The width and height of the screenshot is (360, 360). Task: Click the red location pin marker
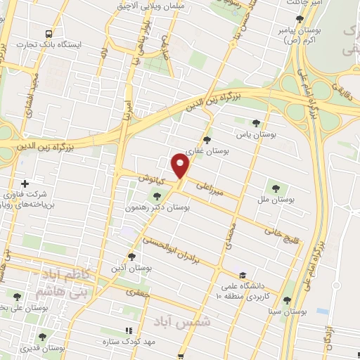click(x=180, y=166)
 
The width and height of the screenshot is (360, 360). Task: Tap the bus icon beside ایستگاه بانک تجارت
click(x=48, y=33)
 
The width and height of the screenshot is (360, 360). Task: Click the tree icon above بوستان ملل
click(x=275, y=188)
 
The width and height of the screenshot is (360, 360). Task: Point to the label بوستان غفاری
click(x=206, y=150)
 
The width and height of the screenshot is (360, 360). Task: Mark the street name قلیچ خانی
click(x=280, y=229)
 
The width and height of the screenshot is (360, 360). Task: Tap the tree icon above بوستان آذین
click(x=131, y=257)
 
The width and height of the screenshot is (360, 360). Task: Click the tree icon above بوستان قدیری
click(x=41, y=337)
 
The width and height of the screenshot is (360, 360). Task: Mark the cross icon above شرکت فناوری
click(x=25, y=183)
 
